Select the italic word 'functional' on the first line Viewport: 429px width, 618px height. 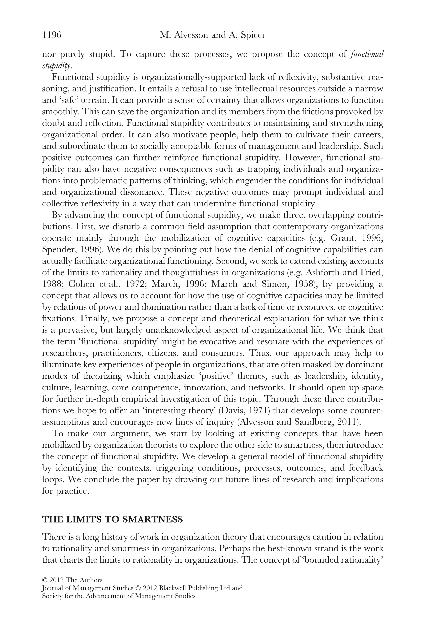click(x=367, y=54)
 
